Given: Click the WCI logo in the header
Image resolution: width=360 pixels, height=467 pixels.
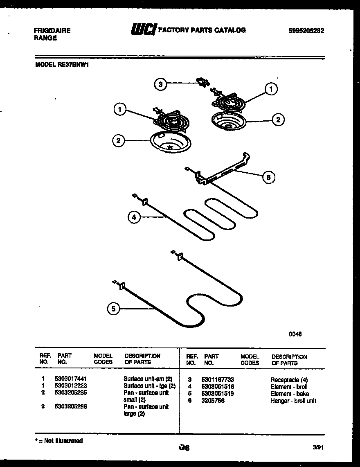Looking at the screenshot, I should click(x=143, y=30).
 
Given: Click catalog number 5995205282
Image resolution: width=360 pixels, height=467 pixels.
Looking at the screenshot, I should click(x=306, y=30).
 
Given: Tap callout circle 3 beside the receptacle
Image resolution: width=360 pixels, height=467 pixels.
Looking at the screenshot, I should click(x=161, y=85).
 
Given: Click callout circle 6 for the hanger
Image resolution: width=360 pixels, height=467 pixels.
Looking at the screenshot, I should click(x=268, y=177).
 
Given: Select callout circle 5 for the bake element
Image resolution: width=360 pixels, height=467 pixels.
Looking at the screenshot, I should click(x=114, y=309).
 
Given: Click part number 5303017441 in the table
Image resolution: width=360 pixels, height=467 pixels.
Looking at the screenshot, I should click(x=71, y=379).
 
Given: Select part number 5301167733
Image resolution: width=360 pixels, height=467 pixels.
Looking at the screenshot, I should click(x=218, y=380).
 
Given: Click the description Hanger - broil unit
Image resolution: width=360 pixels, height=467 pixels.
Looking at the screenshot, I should click(x=293, y=401).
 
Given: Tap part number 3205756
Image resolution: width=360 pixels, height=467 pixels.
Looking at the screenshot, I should click(x=213, y=401).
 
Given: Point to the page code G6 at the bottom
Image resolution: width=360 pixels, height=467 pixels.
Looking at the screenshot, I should click(x=184, y=448).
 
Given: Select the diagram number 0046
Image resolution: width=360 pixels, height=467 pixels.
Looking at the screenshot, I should click(x=295, y=334).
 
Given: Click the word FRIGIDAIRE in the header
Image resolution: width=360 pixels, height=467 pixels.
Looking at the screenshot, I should click(x=52, y=31).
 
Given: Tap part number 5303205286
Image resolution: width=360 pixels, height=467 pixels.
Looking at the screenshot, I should click(x=71, y=407).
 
